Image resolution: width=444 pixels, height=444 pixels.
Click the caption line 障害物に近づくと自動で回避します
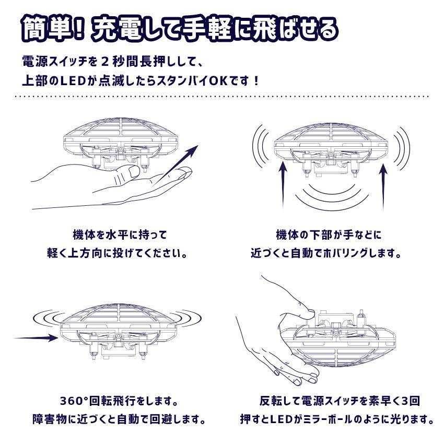pyautogui.click(x=117, y=419)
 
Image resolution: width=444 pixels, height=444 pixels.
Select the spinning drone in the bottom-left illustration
pyautogui.click(x=120, y=329)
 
